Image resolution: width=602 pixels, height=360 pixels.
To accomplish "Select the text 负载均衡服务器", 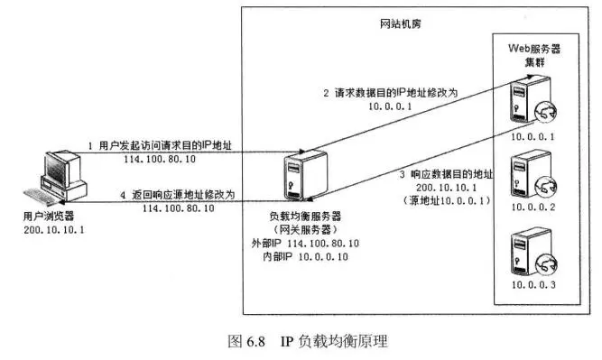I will (x=303, y=217).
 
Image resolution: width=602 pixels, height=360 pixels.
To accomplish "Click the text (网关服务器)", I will (x=303, y=230).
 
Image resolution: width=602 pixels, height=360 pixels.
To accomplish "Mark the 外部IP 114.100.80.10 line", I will (x=303, y=244).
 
